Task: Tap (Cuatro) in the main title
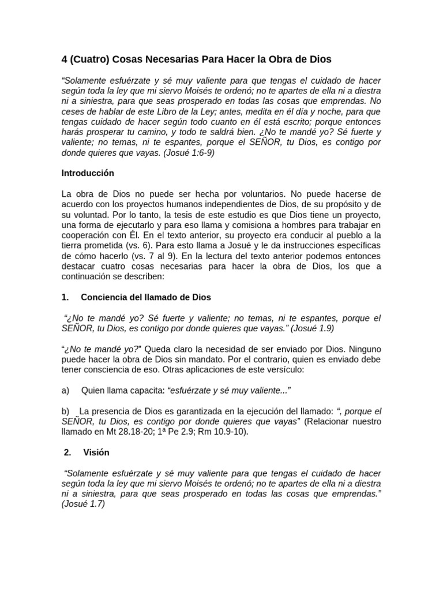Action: coord(90,59)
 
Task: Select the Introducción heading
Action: coord(88,173)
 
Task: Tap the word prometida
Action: coord(93,246)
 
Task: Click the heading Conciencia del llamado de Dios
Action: coord(146,297)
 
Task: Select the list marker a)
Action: coord(66,391)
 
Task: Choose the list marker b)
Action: coord(66,412)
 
